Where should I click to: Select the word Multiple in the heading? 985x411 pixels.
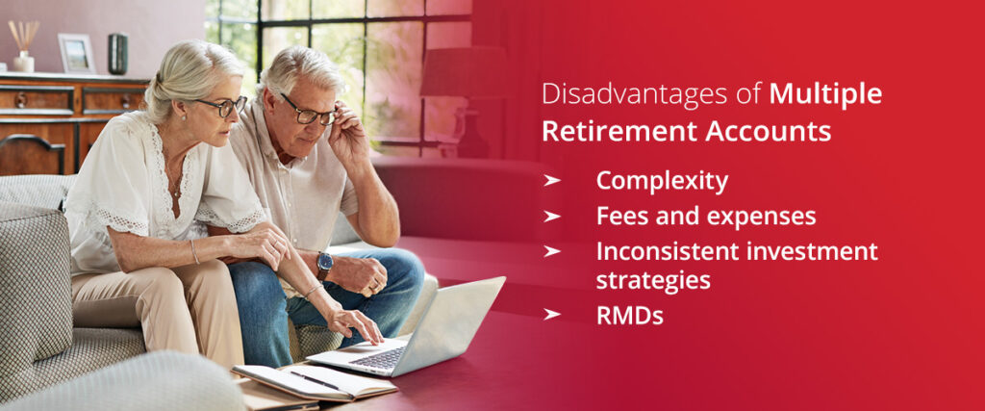coord(825,94)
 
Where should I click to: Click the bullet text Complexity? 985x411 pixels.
coord(662,181)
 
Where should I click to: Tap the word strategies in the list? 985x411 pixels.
coord(653,280)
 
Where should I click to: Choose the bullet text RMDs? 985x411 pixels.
coord(629,316)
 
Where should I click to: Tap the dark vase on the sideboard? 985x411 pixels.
coord(117,54)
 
